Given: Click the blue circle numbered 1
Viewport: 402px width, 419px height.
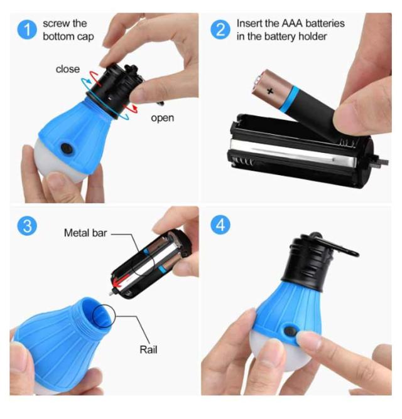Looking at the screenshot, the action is pos(27,29).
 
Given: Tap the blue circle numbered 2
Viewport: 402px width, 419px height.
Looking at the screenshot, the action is pos(220,29).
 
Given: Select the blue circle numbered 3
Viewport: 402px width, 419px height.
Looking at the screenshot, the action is pos(27,226).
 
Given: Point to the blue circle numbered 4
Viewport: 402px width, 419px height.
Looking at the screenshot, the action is pos(220,225).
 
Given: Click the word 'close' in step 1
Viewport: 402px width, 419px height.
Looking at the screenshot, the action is pos(68,69).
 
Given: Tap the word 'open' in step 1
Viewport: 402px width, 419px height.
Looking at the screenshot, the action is pos(163,118).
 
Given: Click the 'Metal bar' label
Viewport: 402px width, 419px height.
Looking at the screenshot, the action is pos(85,233).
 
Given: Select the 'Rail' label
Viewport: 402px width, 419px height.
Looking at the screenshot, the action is pos(148,349).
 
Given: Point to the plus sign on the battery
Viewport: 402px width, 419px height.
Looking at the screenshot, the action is pos(270,92).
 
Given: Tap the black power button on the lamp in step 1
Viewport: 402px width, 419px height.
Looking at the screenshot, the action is pos(67,149).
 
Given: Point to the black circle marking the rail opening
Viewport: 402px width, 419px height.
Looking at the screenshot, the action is pos(103,316).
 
